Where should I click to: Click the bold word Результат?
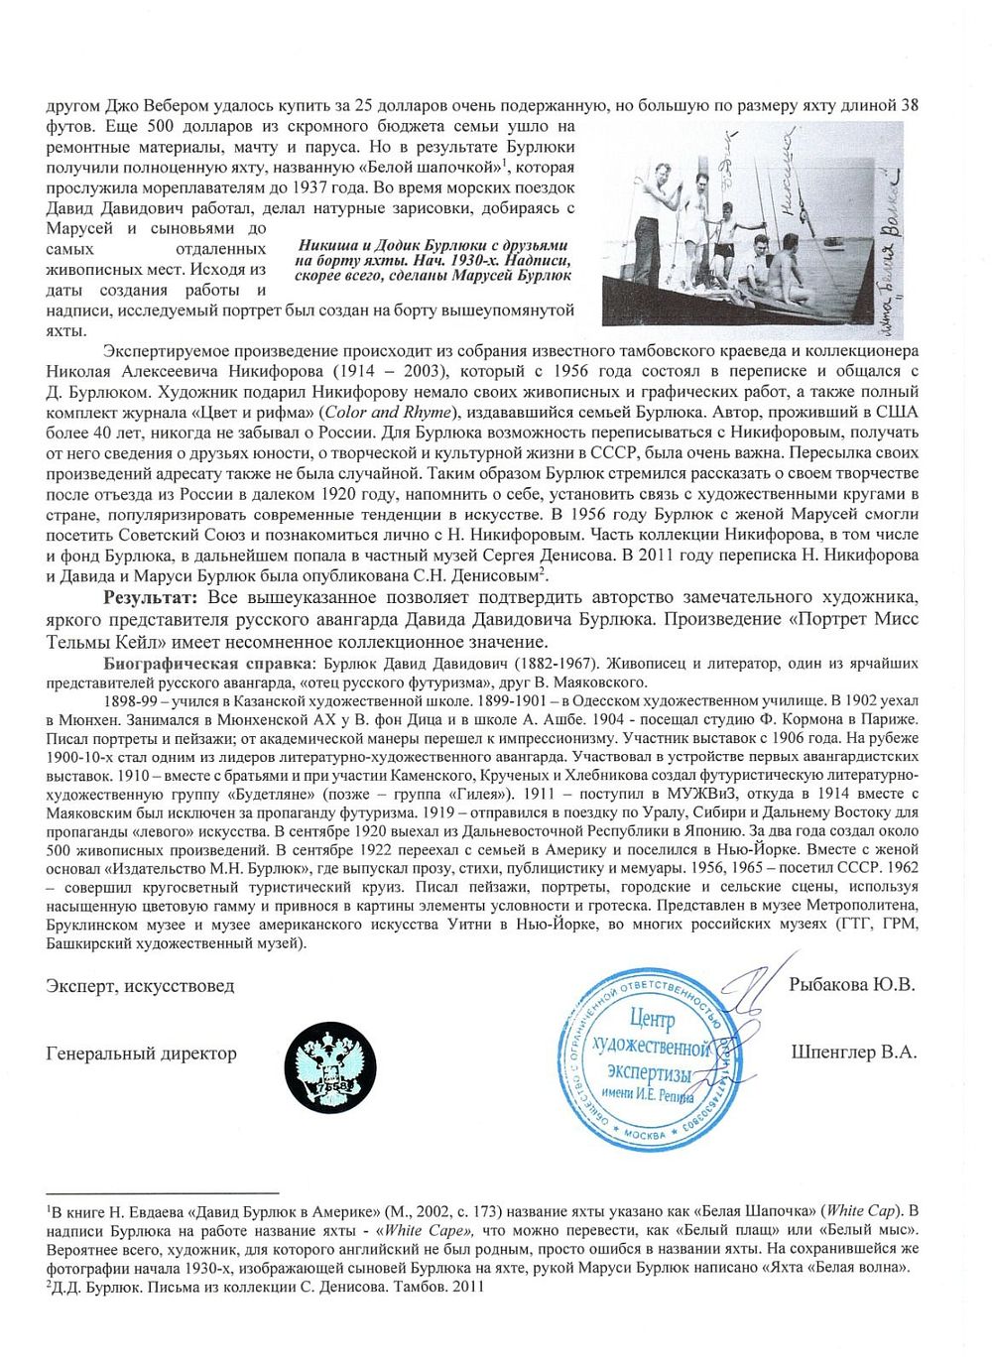click(x=152, y=597)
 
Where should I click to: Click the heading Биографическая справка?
click(x=205, y=663)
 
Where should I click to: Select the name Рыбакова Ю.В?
click(x=851, y=985)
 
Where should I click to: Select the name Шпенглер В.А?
click(x=853, y=1053)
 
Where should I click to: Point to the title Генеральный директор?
click(x=141, y=1054)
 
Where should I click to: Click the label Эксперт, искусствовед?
click(x=140, y=986)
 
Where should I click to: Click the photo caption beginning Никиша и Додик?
click(x=434, y=260)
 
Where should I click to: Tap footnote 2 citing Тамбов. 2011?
click(x=266, y=1287)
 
